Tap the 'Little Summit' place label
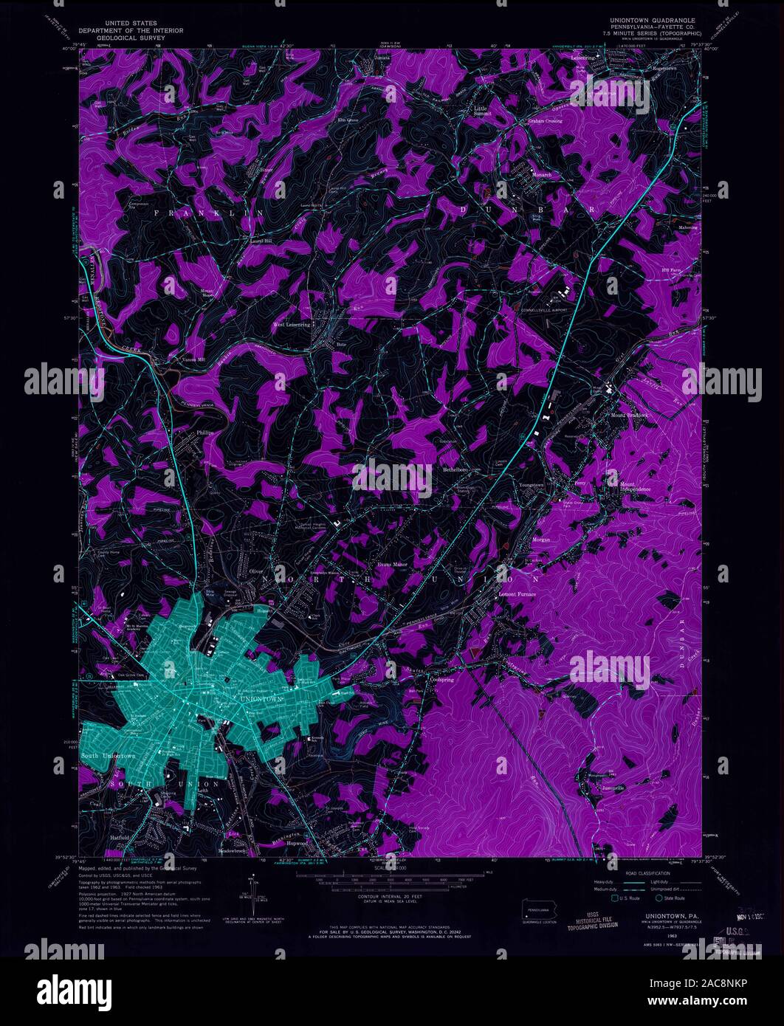coord(481,111)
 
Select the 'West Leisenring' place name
coord(292,324)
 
